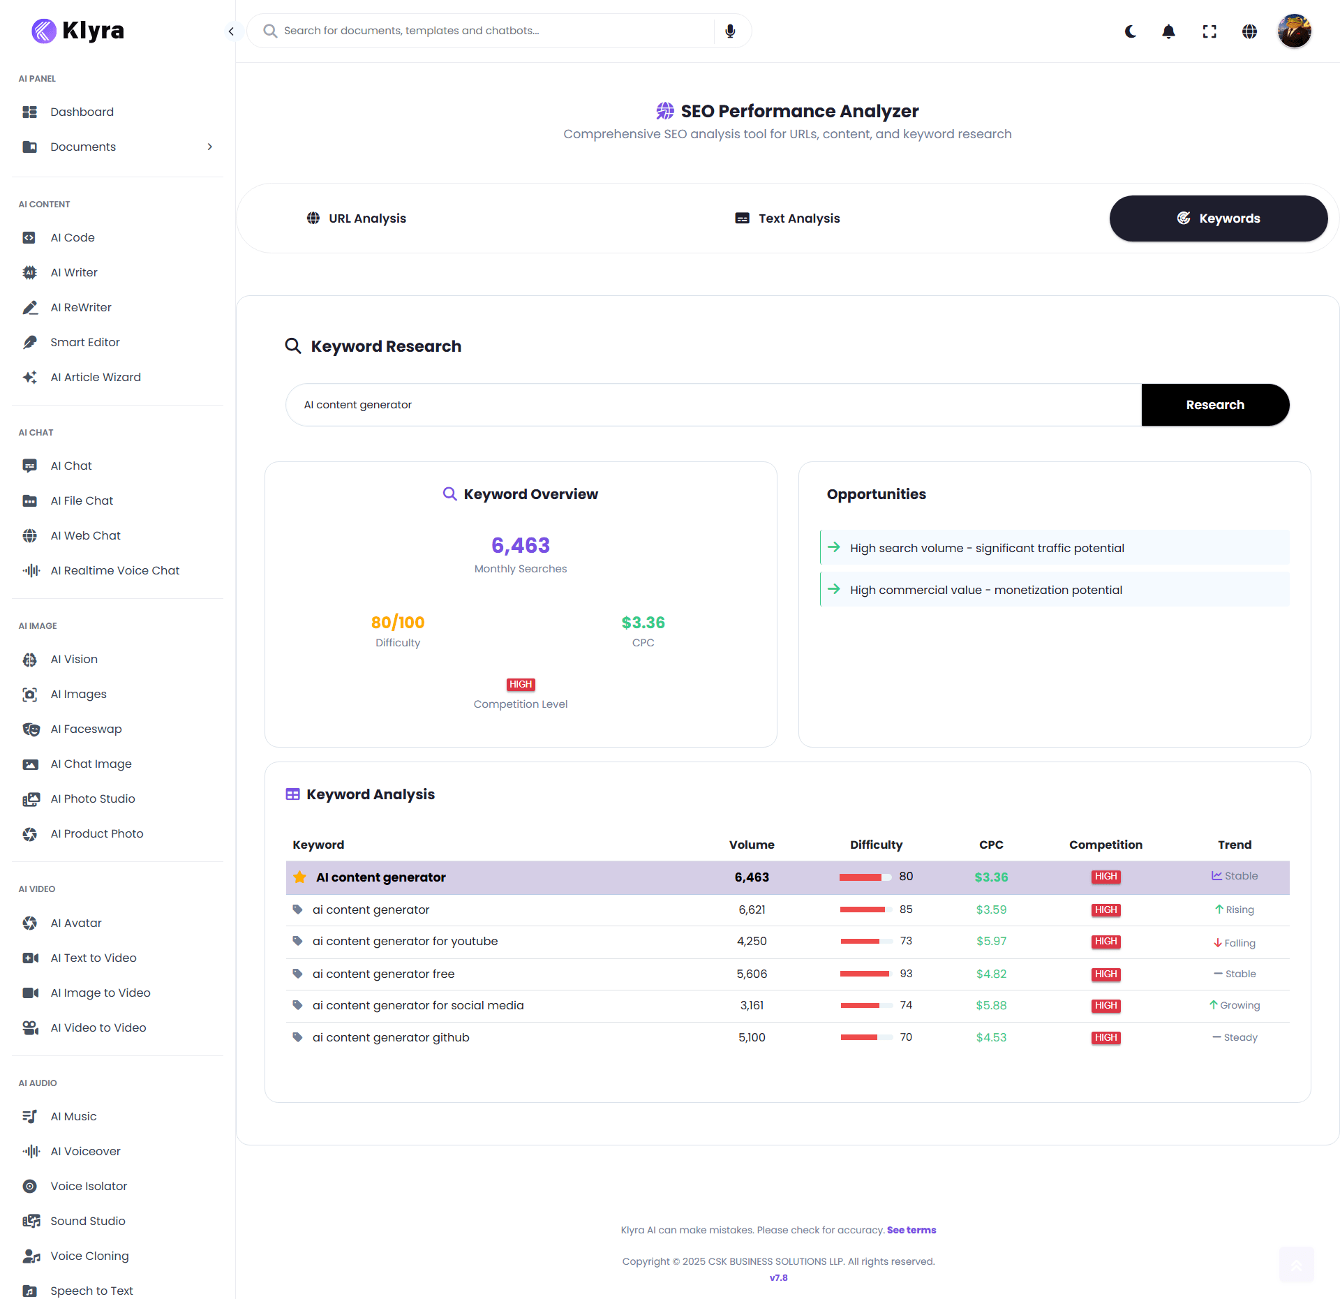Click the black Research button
[x=1214, y=405]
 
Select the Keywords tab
[x=1218, y=218]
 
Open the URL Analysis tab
[x=356, y=218]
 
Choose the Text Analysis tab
[x=787, y=218]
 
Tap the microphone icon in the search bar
[x=730, y=31]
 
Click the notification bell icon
[x=1168, y=31]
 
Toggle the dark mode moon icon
[x=1131, y=31]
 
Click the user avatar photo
[x=1294, y=31]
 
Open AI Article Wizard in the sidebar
[x=95, y=377]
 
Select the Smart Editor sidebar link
[x=84, y=342]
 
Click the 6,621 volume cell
[x=752, y=910]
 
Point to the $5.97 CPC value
[x=991, y=941]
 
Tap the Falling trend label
[x=1239, y=943]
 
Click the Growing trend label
[x=1239, y=1005]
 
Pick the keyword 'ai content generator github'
[x=390, y=1037]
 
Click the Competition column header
[x=1105, y=845]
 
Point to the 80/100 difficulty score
[x=398, y=622]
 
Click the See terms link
[x=911, y=1230]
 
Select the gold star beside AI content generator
[x=299, y=877]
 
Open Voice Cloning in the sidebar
[x=89, y=1256]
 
